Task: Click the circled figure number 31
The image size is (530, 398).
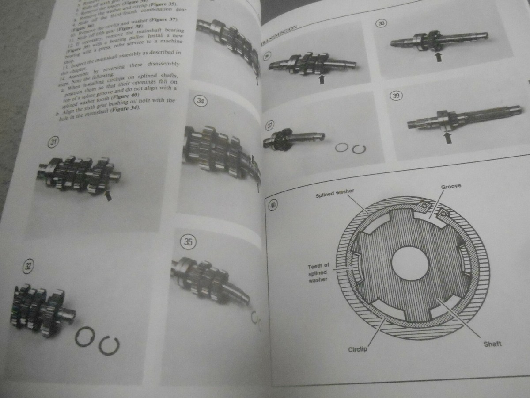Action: [x=53, y=142]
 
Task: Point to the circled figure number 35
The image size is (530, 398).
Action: [x=188, y=242]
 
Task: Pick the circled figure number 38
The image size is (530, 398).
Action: [x=380, y=24]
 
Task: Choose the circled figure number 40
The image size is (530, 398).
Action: [x=273, y=205]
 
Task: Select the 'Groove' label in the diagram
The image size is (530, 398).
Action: [x=450, y=186]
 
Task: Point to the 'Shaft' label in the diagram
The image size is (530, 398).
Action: [x=492, y=344]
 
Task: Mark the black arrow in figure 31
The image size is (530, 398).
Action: [x=108, y=195]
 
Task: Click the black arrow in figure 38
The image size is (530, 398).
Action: [x=438, y=56]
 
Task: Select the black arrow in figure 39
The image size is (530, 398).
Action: [x=448, y=138]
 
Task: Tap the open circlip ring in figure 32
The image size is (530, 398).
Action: [x=109, y=345]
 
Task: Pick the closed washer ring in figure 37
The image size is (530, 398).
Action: [x=341, y=148]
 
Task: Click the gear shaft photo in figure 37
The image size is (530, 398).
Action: [x=293, y=140]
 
